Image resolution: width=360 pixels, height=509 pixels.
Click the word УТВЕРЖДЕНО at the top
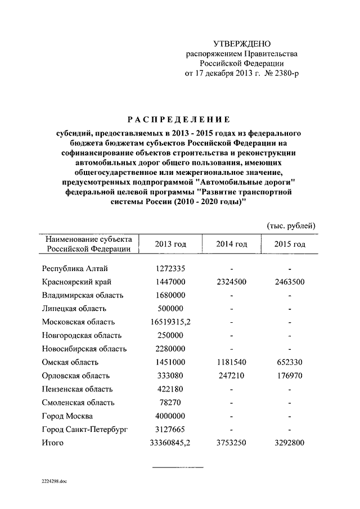point(242,43)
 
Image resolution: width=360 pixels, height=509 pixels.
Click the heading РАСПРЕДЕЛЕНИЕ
point(178,119)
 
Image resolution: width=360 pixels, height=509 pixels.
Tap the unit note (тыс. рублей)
point(291,226)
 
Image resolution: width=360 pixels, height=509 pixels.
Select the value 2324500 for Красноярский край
point(231,282)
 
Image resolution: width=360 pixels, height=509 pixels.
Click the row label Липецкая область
point(74,309)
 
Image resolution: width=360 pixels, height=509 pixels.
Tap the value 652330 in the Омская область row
point(289,362)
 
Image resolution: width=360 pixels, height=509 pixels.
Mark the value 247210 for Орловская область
point(231,376)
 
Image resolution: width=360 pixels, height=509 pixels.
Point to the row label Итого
point(53,443)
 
